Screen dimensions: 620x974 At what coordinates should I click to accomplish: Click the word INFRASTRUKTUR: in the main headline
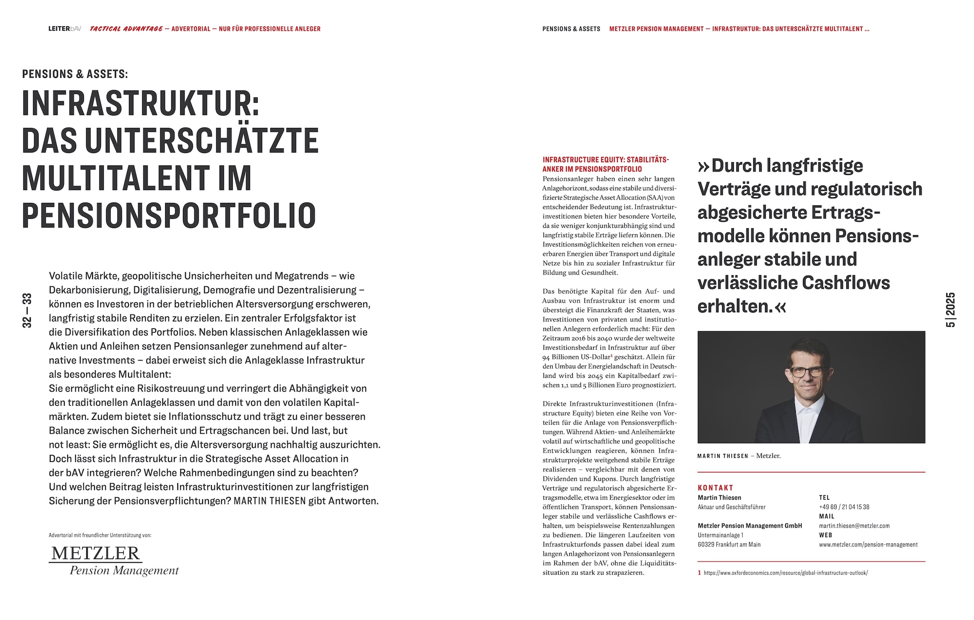coord(141,103)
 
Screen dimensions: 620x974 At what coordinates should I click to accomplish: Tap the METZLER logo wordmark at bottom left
coord(96,553)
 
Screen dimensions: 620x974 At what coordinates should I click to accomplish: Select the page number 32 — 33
coord(27,310)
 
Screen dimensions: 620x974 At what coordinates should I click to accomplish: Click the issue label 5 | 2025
coord(951,310)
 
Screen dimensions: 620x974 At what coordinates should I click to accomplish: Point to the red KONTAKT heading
coord(715,488)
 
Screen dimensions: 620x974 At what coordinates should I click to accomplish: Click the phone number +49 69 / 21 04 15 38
coord(844,507)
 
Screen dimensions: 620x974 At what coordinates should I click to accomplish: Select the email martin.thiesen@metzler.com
coord(854,526)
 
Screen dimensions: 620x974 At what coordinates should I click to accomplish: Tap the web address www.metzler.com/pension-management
coord(868,545)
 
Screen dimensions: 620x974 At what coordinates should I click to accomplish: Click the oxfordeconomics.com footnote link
coord(786,573)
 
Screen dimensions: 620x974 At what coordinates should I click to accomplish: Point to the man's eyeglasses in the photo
coord(807,372)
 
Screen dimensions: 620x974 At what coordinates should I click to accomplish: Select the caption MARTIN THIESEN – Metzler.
coord(739,456)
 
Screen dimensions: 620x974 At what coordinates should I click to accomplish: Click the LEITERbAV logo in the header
coord(65,29)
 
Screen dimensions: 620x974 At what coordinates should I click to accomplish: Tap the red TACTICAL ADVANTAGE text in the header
coord(126,29)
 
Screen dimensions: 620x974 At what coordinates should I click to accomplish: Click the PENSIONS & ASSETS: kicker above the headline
coord(75,74)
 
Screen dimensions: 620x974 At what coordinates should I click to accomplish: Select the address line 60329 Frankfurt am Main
coord(729,545)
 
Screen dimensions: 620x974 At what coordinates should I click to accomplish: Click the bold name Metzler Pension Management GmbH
coord(749,526)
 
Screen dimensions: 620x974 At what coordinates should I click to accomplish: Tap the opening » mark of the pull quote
coord(703,167)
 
